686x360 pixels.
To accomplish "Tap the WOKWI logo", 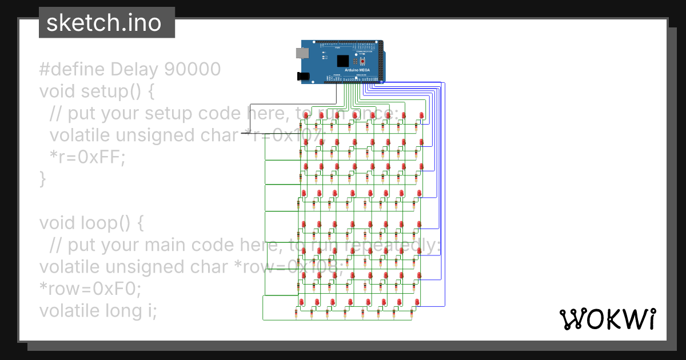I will pos(607,319).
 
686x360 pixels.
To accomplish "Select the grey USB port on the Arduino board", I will pos(301,53).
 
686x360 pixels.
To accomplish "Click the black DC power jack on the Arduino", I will pos(302,75).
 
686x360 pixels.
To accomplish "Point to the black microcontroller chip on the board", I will pos(342,61).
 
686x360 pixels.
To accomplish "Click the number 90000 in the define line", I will pos(192,69).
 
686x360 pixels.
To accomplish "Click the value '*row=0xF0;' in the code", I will pos(90,289).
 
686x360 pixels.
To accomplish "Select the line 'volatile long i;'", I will pos(98,310).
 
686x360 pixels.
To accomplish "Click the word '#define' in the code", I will pos(72,69).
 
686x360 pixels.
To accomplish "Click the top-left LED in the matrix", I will pos(306,115).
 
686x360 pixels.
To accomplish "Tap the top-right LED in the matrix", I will pos(422,115).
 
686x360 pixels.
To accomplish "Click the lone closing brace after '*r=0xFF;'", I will pos(42,179).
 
